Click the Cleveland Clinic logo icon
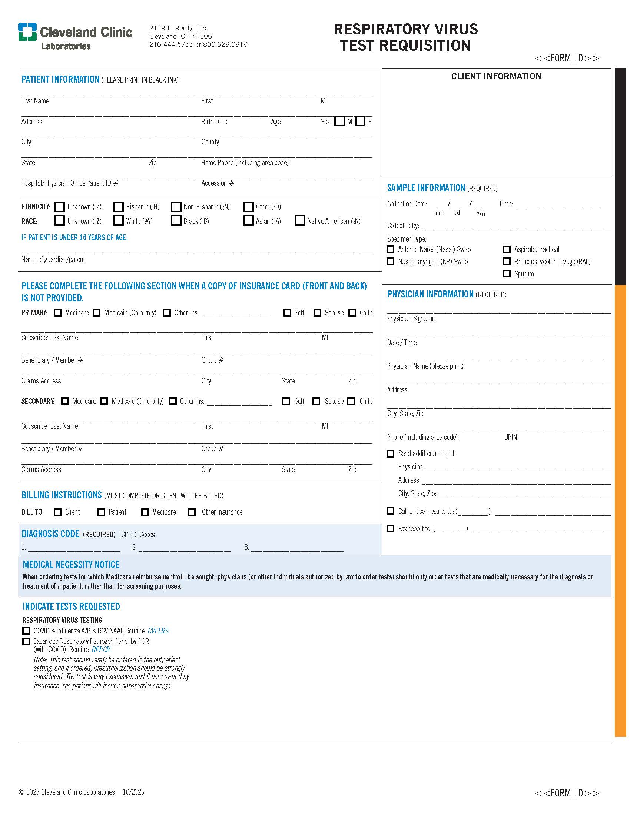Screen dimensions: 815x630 tap(27, 32)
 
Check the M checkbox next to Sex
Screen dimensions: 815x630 tap(339, 121)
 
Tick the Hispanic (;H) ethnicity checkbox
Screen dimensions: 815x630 tap(118, 207)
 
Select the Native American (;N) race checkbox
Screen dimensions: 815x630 tap(300, 220)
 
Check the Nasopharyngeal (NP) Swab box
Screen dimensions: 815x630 tap(390, 262)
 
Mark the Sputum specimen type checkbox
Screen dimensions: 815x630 tap(507, 273)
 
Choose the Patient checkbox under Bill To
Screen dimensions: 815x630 tap(101, 512)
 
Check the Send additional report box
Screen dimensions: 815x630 tap(390, 453)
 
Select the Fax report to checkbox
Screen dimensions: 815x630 tap(390, 528)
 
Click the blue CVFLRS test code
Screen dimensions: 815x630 tap(158, 631)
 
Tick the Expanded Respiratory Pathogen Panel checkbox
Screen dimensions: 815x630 tap(26, 641)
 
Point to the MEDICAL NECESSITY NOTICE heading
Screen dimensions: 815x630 tap(71, 565)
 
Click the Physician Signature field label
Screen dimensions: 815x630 tap(412, 319)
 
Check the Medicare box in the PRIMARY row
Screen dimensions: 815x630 tap(57, 313)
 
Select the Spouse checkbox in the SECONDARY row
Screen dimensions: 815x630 tap(316, 401)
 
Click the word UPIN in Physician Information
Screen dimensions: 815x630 tap(510, 437)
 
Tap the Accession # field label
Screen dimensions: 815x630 tap(218, 183)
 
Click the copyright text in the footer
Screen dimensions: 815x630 tap(67, 792)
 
